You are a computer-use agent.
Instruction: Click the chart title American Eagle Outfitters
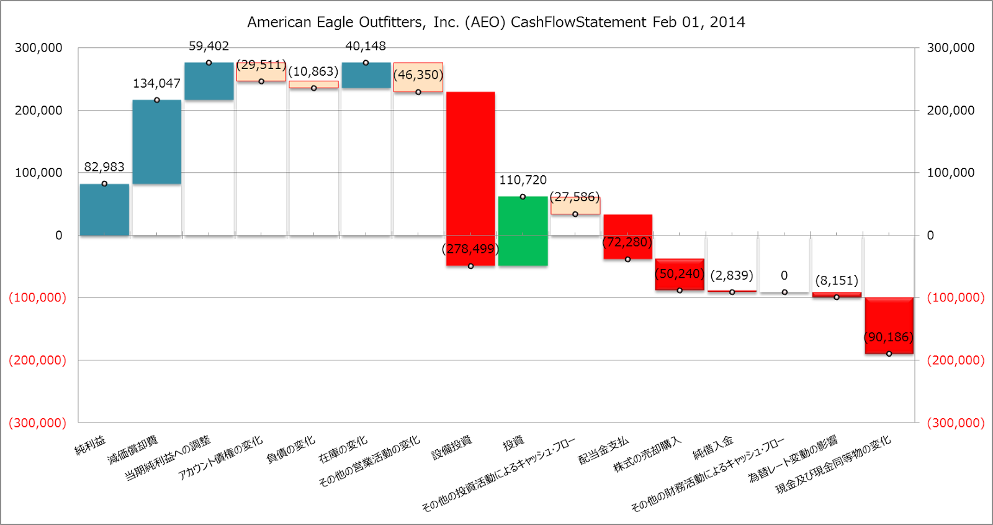496,22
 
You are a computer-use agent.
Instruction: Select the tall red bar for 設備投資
470,179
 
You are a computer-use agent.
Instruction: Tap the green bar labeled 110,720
523,231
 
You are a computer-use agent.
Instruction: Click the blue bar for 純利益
104,209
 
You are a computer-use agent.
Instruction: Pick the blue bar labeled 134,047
157,142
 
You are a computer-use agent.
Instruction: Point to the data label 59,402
209,46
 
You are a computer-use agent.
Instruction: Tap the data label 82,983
104,167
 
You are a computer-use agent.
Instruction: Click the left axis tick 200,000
38,111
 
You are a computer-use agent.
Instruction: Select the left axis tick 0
58,235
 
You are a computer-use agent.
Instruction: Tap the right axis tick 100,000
950,173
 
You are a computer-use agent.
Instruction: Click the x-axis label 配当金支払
603,450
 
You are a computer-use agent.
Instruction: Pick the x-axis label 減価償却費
133,450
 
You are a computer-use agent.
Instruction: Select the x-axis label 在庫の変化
343,450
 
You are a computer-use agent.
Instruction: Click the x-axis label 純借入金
712,447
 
